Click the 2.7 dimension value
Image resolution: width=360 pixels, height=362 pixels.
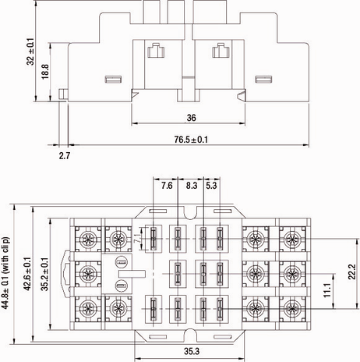coord(65,157)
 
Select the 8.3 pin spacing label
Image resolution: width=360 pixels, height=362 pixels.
coord(192,186)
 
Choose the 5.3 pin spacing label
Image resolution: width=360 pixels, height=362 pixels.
coord(211,186)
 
